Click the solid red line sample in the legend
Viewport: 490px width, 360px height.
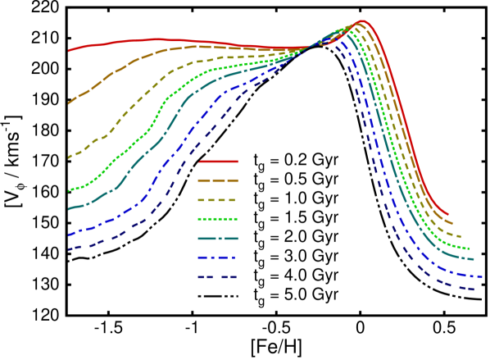(x=218, y=162)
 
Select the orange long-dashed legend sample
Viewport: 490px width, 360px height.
(x=218, y=180)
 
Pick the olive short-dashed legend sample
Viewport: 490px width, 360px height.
(x=218, y=200)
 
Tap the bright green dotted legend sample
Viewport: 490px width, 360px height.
(x=218, y=219)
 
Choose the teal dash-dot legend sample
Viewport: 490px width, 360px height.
(x=218, y=239)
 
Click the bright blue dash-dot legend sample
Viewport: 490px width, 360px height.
(x=218, y=257)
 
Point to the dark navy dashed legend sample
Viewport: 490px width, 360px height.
(x=218, y=277)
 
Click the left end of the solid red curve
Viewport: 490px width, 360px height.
(x=69, y=51)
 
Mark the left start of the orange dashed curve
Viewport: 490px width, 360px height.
(x=69, y=104)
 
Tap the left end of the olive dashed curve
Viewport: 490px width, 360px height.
(x=69, y=157)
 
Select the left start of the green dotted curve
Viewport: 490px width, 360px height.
(x=69, y=190)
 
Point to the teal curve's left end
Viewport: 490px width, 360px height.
(x=69, y=209)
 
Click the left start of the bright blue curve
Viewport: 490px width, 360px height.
(x=69, y=235)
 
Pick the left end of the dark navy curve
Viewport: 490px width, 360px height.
(x=69, y=249)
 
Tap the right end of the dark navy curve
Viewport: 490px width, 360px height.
(x=475, y=289)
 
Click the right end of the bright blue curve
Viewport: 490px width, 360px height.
(x=482, y=276)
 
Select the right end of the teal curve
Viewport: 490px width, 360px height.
(x=474, y=259)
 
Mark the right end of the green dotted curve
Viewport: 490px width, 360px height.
(x=470, y=248)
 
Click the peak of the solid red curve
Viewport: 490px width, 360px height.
(x=361, y=21)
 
